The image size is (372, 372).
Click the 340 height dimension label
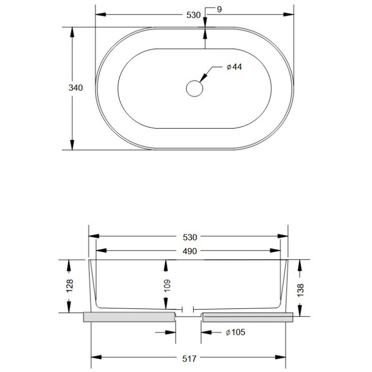[75, 88]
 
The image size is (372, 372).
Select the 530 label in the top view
[193, 15]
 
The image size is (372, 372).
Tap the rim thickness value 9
[220, 10]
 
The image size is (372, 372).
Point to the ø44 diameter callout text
[234, 68]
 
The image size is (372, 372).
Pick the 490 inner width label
[190, 251]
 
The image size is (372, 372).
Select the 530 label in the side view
[190, 238]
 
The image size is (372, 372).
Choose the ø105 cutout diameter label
[235, 332]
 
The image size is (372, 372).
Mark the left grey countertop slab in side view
[129, 317]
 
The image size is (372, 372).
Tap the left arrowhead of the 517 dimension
[96, 357]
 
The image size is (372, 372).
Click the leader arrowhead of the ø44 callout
[203, 79]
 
